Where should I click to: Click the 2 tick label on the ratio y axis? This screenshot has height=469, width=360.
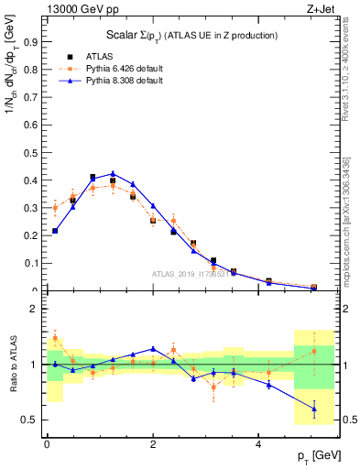(33, 310)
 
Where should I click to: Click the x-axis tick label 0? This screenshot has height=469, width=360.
(47, 443)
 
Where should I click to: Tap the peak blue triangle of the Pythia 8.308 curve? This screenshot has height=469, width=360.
(113, 173)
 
